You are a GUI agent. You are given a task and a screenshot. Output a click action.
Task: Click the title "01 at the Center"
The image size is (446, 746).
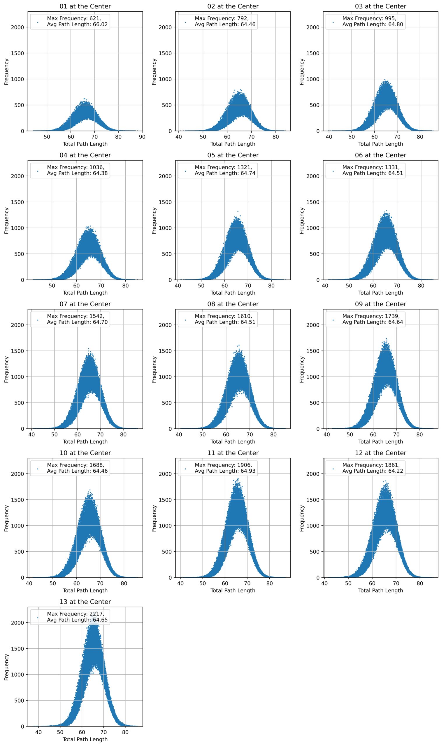click(x=85, y=6)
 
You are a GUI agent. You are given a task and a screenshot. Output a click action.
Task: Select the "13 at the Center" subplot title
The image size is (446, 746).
click(x=85, y=602)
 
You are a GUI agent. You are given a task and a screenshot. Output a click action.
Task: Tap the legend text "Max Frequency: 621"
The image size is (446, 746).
click(x=74, y=18)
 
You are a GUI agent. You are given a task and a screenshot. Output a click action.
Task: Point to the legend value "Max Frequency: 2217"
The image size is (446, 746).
click(x=75, y=614)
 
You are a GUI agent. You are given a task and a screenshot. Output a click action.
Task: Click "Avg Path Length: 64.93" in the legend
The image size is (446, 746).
click(x=225, y=471)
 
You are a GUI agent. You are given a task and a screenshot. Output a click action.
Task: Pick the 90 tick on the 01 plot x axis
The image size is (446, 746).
click(x=142, y=137)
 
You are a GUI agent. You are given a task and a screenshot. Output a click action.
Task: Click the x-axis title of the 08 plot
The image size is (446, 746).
click(x=233, y=442)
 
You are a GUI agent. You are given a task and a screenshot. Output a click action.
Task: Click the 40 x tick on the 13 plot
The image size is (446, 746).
click(x=38, y=732)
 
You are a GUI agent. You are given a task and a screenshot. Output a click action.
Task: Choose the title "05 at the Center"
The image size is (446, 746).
click(x=233, y=155)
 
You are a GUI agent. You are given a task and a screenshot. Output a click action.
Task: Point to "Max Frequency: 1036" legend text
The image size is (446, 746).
click(x=75, y=167)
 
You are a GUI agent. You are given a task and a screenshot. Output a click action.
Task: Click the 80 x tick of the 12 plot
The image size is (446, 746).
click(x=420, y=583)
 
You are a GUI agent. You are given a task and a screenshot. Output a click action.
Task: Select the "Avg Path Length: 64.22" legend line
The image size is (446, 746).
click(x=373, y=471)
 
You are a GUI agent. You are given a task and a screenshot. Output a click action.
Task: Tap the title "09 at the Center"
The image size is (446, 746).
click(x=380, y=304)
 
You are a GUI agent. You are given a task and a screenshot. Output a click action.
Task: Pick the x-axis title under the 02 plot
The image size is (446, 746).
click(x=233, y=144)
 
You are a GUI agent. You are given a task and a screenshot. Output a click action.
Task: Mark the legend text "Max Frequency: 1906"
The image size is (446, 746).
click(x=223, y=465)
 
